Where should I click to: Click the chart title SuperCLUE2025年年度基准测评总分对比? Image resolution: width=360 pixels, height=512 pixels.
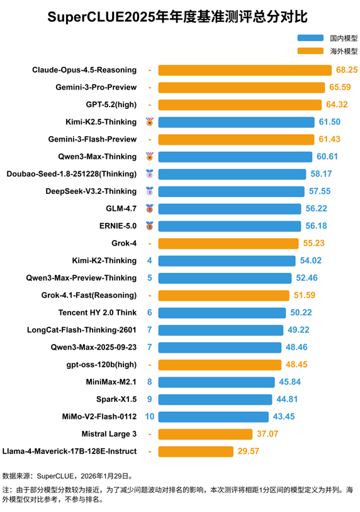(179, 16)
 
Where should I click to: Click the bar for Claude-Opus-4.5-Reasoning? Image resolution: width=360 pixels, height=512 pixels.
(245, 70)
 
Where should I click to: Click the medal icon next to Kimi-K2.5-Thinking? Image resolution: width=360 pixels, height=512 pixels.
(150, 122)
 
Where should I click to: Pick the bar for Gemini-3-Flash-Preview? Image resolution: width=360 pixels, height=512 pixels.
(236, 139)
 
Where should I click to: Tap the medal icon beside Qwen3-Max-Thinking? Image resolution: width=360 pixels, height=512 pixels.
(150, 156)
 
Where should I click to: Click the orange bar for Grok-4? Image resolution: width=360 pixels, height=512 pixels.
(228, 243)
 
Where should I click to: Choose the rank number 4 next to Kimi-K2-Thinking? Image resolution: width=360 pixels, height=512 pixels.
(150, 260)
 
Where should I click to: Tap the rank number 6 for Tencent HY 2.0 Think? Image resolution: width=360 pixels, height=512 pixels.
(150, 312)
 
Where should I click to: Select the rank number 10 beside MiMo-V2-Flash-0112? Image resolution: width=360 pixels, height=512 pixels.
(150, 416)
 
